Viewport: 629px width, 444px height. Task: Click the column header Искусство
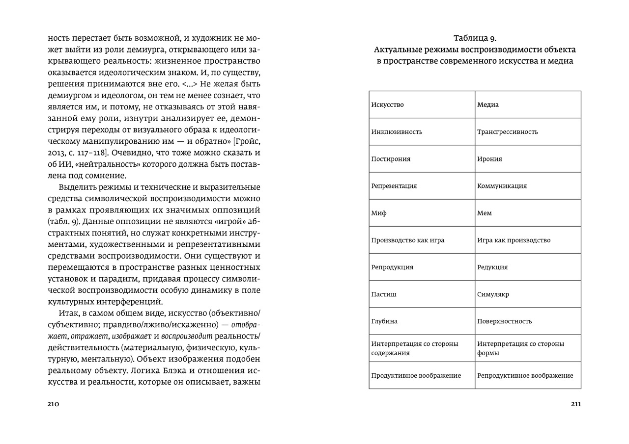pos(388,104)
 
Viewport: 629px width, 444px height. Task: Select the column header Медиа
pos(488,104)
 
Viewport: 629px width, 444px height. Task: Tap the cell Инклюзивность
pos(397,131)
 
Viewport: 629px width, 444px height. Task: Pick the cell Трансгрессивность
pos(507,131)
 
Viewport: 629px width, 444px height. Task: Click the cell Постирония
pos(391,159)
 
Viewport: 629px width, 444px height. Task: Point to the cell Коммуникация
pos(502,186)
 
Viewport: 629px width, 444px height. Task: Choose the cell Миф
pos(379,213)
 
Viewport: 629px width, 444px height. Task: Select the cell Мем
pos(485,213)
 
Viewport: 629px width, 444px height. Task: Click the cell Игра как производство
pos(514,240)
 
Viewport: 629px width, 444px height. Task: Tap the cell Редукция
pos(492,267)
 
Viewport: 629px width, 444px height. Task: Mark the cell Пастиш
pos(384,294)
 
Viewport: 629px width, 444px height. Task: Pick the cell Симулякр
pos(493,294)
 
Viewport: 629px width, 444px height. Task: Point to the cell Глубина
pos(384,321)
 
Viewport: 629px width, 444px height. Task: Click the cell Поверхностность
pos(504,321)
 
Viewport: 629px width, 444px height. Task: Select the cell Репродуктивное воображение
pos(525,375)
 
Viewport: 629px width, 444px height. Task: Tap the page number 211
pos(575,404)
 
